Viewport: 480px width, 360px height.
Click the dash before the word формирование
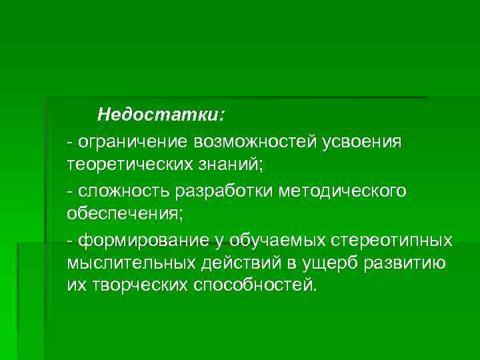(71, 239)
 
